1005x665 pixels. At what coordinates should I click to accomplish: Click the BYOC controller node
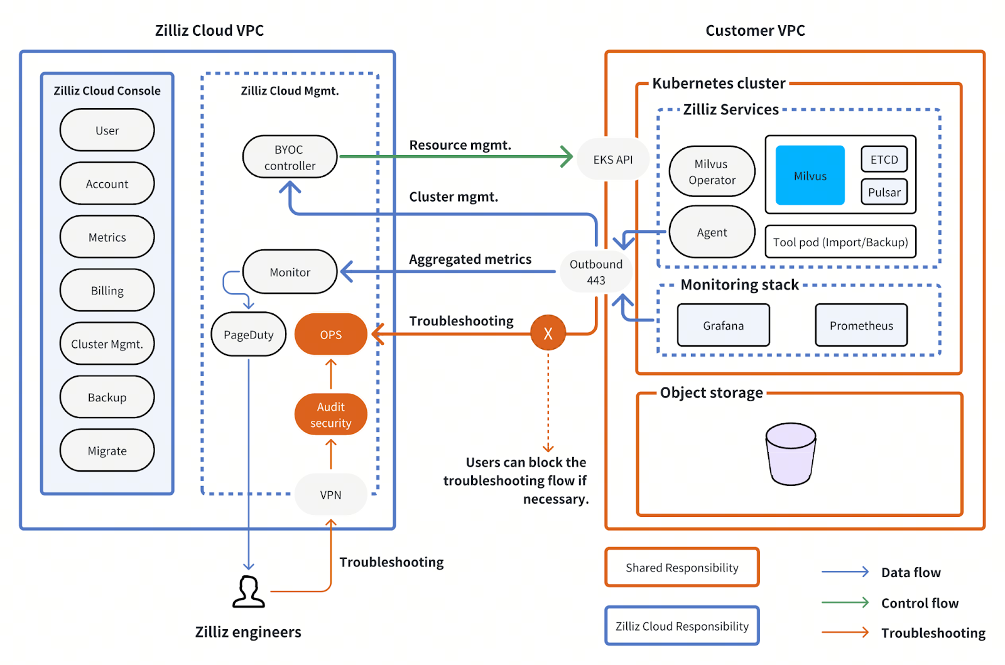point(290,157)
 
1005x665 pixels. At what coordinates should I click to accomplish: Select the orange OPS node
point(330,334)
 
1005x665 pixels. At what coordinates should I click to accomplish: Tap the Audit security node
point(330,414)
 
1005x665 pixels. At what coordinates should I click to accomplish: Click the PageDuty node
point(248,334)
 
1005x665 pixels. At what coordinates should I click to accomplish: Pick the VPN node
point(330,495)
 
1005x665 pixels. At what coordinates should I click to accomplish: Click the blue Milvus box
point(810,176)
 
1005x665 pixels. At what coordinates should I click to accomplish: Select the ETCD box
point(884,159)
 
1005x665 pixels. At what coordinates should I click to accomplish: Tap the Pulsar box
point(884,192)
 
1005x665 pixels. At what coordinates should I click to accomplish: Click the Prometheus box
point(861,325)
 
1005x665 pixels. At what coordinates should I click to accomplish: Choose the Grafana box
point(723,325)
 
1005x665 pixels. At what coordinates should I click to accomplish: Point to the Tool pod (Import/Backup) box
point(840,242)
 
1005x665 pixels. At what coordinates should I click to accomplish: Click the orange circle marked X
point(548,333)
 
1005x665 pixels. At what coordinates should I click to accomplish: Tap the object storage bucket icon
point(790,454)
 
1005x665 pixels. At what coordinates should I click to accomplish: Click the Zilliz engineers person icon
point(249,592)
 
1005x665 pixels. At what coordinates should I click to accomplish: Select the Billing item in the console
point(107,290)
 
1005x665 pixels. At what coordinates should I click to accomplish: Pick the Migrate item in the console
point(107,450)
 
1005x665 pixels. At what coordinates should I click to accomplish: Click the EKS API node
point(612,159)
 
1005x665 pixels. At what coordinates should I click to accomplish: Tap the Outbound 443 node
point(595,272)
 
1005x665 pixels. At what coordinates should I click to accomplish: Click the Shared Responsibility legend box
point(682,568)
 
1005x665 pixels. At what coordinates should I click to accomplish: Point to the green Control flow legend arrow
point(845,602)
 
